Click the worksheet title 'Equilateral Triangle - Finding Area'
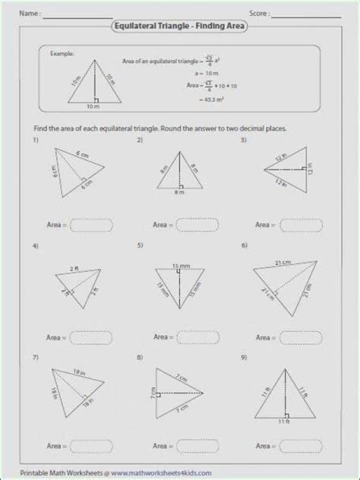[179, 27]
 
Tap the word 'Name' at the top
[30, 13]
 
